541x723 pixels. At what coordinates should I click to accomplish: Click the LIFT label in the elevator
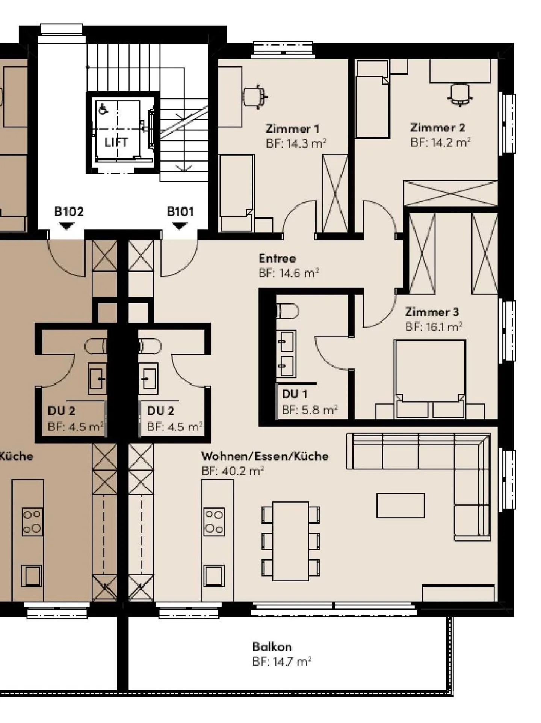[116, 142]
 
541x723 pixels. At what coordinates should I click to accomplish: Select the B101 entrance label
[180, 211]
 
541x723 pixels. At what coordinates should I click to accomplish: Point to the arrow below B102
[67, 226]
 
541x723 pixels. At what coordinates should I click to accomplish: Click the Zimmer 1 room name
[292, 129]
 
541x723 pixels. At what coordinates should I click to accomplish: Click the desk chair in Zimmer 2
[460, 95]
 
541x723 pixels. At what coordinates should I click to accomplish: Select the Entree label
[277, 258]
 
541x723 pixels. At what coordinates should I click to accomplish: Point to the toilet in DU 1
[287, 311]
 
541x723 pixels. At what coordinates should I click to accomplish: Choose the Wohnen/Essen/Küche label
[265, 456]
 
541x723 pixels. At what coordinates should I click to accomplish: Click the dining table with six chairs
[291, 541]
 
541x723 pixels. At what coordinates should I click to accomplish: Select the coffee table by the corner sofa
[400, 505]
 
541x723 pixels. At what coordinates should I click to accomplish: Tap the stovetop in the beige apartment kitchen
[214, 521]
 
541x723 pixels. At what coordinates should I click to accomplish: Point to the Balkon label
[272, 647]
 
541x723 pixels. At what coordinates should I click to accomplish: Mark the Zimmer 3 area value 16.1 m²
[444, 327]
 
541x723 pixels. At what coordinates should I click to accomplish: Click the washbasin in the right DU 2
[149, 378]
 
